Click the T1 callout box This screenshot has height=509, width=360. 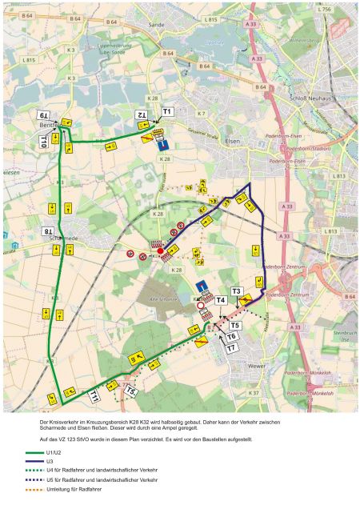pyautogui.click(x=167, y=111)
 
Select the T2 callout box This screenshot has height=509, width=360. pyautogui.click(x=141, y=115)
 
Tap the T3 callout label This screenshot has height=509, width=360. pyautogui.click(x=236, y=291)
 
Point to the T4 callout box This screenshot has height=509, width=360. pyautogui.click(x=221, y=300)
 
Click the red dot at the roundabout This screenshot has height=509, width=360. pyautogui.click(x=161, y=251)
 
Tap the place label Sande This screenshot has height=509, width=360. pyautogui.click(x=156, y=26)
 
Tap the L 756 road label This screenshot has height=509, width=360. pyautogui.click(x=323, y=9)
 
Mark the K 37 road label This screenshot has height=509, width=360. pyautogui.click(x=254, y=393)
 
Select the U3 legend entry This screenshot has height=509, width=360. pyautogui.click(x=50, y=462)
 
